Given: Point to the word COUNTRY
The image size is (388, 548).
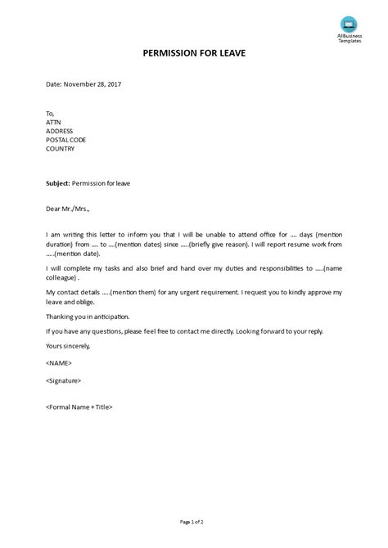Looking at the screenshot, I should click(x=61, y=149).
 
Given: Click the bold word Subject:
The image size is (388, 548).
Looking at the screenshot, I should click(x=57, y=183).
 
